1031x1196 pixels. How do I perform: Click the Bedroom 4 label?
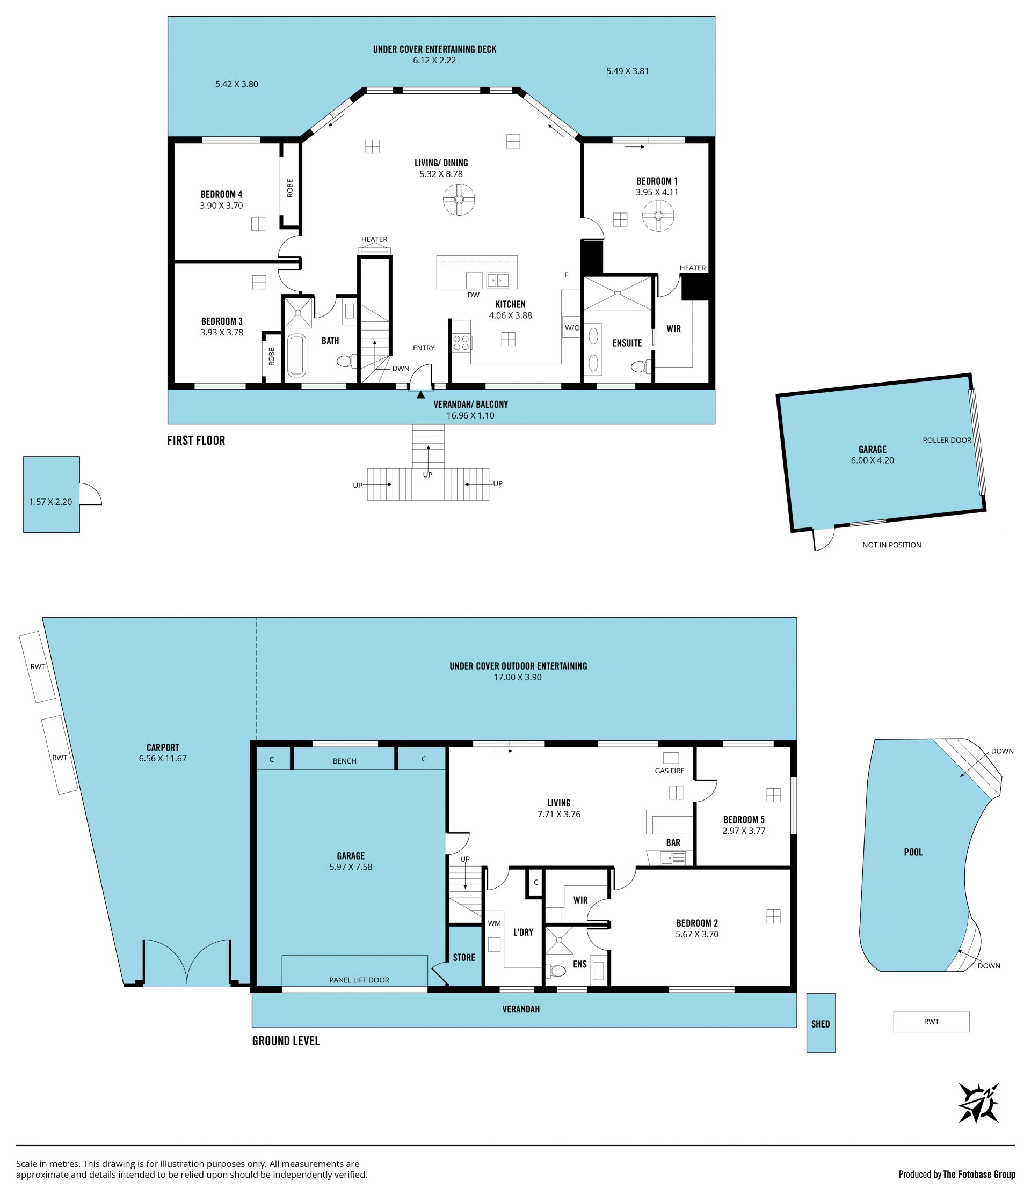pyautogui.click(x=221, y=195)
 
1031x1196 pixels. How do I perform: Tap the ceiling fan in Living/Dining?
pyautogui.click(x=459, y=200)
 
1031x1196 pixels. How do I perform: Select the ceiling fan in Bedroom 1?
pyautogui.click(x=658, y=215)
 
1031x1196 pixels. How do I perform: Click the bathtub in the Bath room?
pyautogui.click(x=296, y=355)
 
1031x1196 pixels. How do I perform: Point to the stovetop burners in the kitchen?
pyautogui.click(x=461, y=343)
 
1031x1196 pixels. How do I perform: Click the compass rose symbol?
pyautogui.click(x=978, y=1103)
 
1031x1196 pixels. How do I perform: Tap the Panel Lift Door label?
pyautogui.click(x=359, y=980)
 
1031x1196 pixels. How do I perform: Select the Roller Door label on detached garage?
pyautogui.click(x=947, y=440)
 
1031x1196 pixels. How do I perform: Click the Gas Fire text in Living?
pyautogui.click(x=670, y=771)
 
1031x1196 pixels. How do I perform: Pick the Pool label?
pyautogui.click(x=913, y=852)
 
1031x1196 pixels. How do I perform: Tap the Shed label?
pyautogui.click(x=820, y=1024)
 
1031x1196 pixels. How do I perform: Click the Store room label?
pyautogui.click(x=464, y=958)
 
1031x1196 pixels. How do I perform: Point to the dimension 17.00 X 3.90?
pyautogui.click(x=518, y=677)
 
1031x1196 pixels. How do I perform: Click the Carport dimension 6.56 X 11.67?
pyautogui.click(x=163, y=759)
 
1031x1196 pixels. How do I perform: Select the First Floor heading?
pyautogui.click(x=196, y=441)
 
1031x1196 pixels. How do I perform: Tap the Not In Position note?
pyautogui.click(x=891, y=545)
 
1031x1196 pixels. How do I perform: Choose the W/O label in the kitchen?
pyautogui.click(x=572, y=328)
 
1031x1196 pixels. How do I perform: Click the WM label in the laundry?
pyautogui.click(x=495, y=923)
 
